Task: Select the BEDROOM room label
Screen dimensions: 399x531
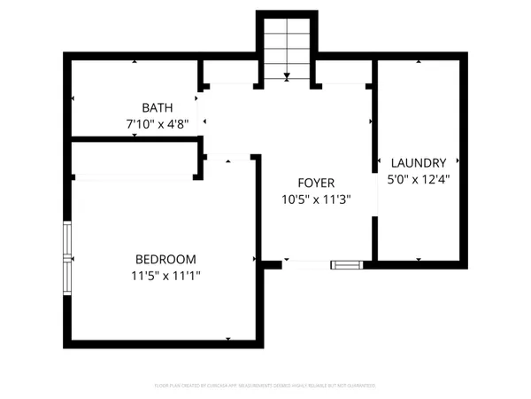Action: point(165,259)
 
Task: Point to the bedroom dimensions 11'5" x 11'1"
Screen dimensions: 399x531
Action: point(165,276)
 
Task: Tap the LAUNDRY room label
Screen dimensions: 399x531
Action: point(417,163)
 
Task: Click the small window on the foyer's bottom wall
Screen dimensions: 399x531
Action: point(345,263)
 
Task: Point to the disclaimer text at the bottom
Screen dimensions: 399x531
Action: point(265,386)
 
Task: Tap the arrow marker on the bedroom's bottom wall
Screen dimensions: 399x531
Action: point(228,339)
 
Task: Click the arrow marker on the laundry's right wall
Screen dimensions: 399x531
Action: point(458,161)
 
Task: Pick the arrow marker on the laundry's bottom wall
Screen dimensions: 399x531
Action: point(418,259)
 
